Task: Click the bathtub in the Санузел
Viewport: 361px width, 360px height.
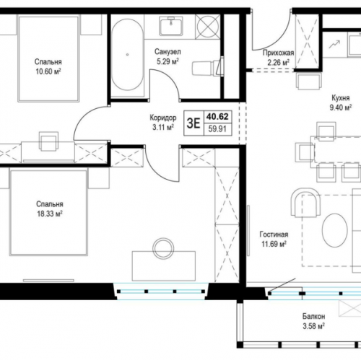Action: pos(127,55)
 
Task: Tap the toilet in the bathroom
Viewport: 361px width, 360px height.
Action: pos(207,69)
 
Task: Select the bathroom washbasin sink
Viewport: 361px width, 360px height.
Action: pos(171,26)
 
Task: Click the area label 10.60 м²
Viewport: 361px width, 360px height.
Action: pos(48,71)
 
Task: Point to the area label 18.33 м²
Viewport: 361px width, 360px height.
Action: pos(50,214)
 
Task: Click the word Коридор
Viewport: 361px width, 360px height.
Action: pos(163,118)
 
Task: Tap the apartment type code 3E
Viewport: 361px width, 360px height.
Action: pos(193,123)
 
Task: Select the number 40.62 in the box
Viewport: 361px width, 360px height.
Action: pos(217,117)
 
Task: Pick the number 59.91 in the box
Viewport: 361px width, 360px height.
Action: pos(217,129)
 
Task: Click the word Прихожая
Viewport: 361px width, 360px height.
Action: pos(278,53)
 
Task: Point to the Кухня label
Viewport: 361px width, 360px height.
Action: pos(341,98)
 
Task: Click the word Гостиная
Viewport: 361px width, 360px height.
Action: pos(274,234)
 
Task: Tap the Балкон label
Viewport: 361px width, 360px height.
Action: pos(314,316)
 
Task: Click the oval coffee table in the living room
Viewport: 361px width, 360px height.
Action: pos(335,230)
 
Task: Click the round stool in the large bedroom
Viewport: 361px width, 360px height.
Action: pos(164,248)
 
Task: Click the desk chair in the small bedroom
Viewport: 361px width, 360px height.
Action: pos(49,141)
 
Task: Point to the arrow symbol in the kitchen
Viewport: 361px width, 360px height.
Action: pos(334,45)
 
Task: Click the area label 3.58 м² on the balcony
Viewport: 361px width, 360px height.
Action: pos(313,326)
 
